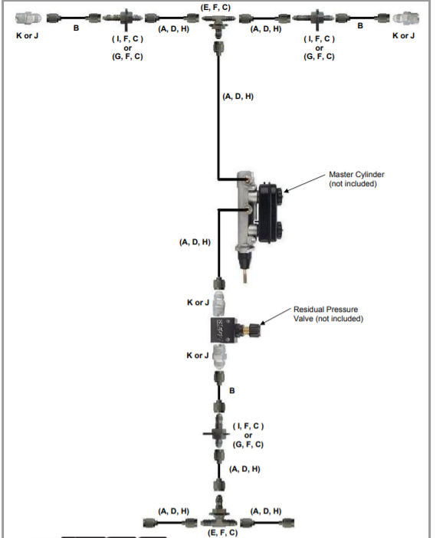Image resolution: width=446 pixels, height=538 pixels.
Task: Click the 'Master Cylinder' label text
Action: pyautogui.click(x=356, y=175)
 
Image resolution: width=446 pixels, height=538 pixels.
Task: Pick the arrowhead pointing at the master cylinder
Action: pyautogui.click(x=286, y=190)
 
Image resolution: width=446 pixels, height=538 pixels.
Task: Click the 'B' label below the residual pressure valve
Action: pyautogui.click(x=232, y=392)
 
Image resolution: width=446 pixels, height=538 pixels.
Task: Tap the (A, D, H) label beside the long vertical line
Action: pyautogui.click(x=238, y=97)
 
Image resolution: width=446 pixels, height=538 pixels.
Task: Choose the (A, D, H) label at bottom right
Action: pyautogui.click(x=266, y=510)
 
